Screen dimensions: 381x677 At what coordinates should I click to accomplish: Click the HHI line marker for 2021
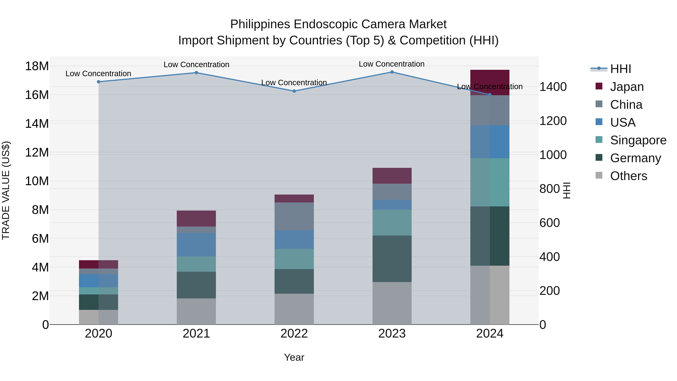196,73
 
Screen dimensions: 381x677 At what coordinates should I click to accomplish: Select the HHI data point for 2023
392,72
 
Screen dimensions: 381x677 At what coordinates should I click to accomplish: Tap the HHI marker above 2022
294,91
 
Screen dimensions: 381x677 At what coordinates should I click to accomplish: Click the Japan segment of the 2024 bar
490,82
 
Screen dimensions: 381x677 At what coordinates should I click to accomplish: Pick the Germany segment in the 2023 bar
392,259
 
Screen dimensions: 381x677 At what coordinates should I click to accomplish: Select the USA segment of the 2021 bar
196,245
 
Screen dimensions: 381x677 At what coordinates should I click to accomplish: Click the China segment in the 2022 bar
294,216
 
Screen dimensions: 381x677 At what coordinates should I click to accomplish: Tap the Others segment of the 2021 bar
196,311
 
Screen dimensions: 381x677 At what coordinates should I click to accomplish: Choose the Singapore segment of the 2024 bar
490,182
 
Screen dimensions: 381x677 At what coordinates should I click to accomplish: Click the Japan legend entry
627,87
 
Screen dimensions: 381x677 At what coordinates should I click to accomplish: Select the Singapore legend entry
638,140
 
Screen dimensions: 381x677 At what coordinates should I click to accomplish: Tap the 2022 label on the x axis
294,334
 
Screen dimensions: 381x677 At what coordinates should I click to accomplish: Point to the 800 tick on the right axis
549,189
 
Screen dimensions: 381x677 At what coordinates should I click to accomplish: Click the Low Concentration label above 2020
98,74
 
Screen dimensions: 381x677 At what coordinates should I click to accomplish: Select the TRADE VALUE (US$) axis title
6,190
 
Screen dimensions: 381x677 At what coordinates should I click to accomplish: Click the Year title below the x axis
294,357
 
